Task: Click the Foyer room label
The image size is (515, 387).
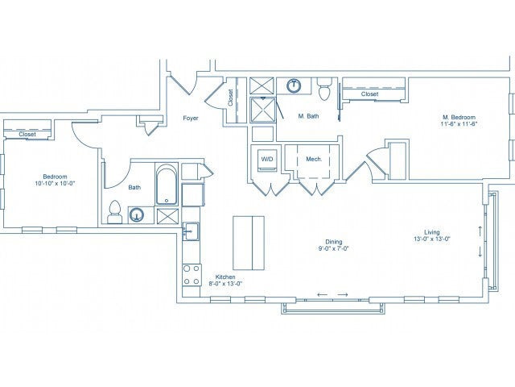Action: tap(191, 118)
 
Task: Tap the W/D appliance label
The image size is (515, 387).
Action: tap(266, 160)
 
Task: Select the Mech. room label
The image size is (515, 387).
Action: tap(314, 160)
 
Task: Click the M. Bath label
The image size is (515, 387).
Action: tap(307, 117)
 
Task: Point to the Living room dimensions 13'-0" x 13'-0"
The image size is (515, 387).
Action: tap(432, 239)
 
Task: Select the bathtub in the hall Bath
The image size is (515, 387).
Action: tap(167, 185)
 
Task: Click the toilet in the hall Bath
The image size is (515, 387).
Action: tap(114, 211)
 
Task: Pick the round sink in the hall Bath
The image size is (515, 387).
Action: tap(138, 214)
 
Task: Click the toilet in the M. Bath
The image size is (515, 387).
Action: tap(324, 84)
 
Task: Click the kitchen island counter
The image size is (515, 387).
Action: tap(248, 243)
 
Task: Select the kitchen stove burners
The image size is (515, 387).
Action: tap(192, 273)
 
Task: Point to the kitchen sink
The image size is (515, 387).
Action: tap(190, 233)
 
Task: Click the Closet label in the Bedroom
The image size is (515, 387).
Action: tap(26, 134)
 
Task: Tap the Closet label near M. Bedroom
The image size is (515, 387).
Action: tap(369, 94)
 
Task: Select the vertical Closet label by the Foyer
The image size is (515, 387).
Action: tap(231, 98)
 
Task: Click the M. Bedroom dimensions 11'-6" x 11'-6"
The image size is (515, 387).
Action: tap(459, 124)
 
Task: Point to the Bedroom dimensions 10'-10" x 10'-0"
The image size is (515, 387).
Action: tap(56, 184)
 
